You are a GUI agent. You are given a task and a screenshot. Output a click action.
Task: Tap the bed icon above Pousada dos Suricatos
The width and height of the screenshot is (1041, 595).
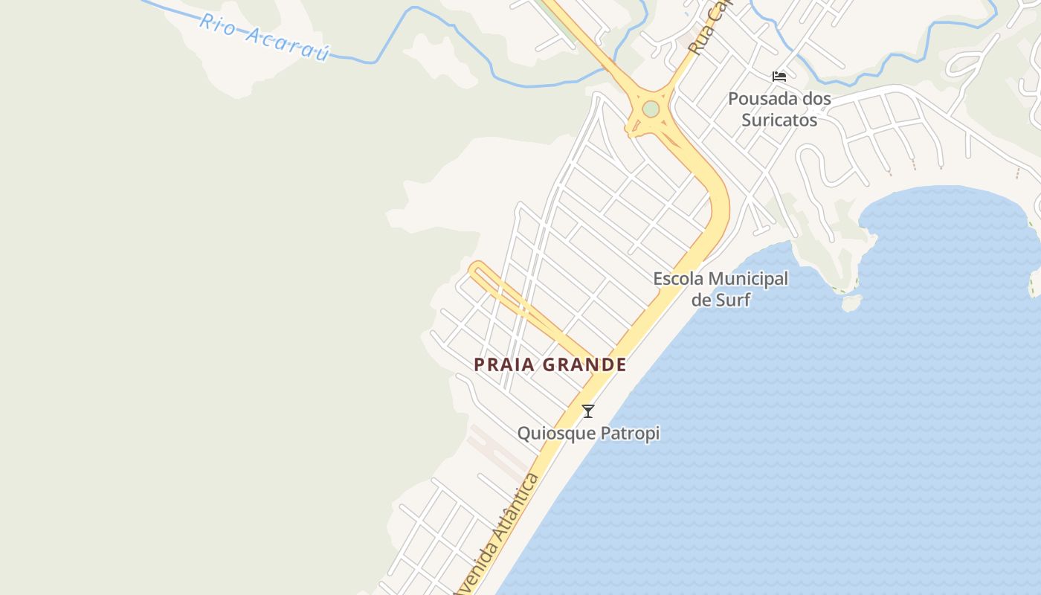click(779, 77)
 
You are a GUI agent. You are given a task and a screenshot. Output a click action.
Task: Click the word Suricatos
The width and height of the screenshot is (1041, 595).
click(779, 120)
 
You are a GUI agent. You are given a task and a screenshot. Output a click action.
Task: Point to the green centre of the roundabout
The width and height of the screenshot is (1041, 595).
click(651, 109)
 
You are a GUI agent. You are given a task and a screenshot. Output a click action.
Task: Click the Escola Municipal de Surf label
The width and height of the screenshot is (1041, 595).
click(721, 289)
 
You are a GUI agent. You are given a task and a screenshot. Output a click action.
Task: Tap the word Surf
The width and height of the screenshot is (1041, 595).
click(733, 300)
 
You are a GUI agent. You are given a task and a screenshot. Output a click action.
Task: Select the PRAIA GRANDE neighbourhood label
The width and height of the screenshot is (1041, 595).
click(550, 364)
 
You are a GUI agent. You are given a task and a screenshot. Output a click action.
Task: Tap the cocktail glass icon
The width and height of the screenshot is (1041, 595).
click(588, 411)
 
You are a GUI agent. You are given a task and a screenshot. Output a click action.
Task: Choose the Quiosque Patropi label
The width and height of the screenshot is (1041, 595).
click(588, 433)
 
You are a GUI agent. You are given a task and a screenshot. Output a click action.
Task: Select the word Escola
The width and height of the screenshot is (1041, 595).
click(677, 279)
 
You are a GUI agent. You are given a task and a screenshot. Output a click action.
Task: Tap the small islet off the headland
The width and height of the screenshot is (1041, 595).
click(851, 303)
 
